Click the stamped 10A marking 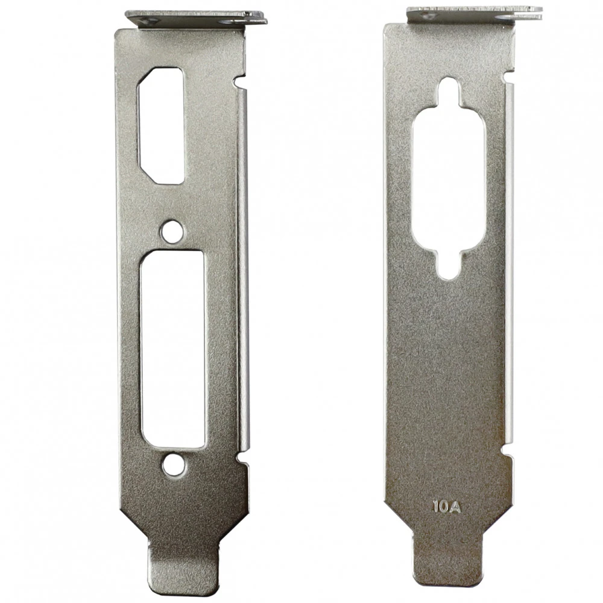click(x=446, y=507)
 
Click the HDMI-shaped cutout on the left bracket click(x=161, y=126)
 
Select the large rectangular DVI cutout click(x=172, y=349)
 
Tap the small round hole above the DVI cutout click(x=172, y=232)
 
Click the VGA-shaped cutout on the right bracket click(x=449, y=179)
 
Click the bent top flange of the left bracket click(x=196, y=18)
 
